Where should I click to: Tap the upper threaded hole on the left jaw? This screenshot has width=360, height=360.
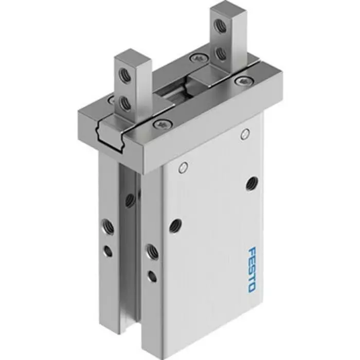point(124,76)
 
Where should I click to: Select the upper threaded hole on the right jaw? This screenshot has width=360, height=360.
point(220,26)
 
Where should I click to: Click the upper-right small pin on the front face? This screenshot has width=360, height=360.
point(245,135)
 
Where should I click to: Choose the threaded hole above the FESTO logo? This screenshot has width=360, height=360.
point(252,182)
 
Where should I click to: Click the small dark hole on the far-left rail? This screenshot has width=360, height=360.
point(108,250)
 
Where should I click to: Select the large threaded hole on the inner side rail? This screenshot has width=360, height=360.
point(151,251)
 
